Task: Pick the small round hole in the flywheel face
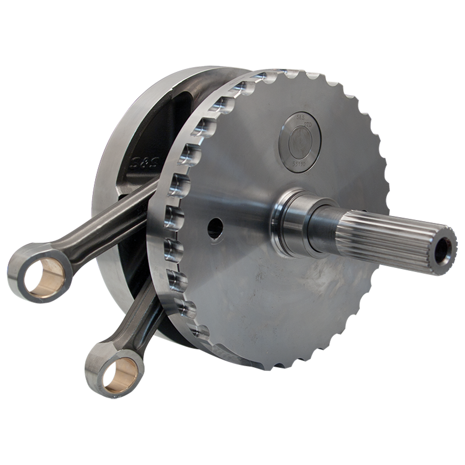pyautogui.click(x=215, y=228)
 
